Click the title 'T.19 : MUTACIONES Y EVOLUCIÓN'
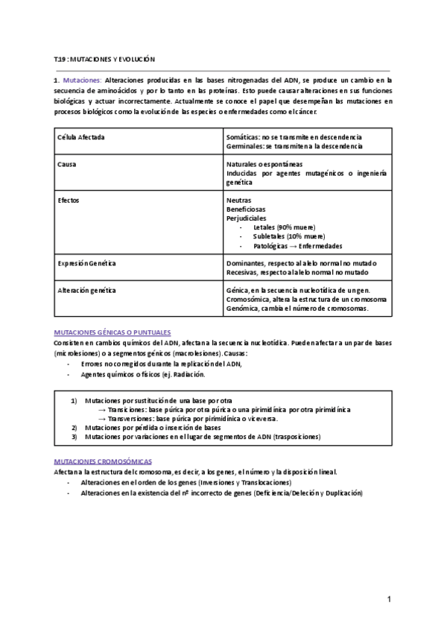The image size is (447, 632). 104,58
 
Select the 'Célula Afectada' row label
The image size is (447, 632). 81,138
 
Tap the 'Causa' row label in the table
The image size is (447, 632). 67,164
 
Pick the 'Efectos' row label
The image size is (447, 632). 69,200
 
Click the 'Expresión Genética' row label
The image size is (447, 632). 86,263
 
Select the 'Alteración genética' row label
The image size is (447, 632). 86,289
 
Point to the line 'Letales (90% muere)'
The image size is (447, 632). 284,227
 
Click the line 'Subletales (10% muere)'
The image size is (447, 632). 287,236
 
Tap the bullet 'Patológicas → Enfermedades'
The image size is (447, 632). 298,245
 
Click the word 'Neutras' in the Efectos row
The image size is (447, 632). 238,200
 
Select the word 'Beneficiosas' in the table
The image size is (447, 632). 246,209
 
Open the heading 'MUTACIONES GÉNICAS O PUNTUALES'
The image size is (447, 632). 112,332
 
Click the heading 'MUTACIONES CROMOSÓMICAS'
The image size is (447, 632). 102,461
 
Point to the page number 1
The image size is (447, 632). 389,599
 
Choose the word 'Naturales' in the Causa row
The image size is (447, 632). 241,164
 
